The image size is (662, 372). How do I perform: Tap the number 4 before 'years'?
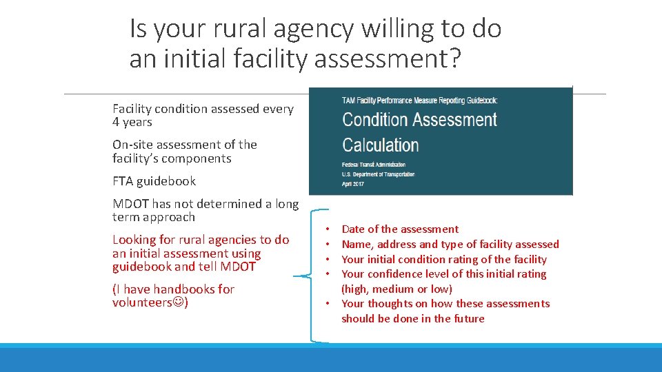pyautogui.click(x=116, y=122)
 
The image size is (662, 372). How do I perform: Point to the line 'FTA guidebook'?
pyautogui.click(x=154, y=181)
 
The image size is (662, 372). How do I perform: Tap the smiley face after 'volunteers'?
pyautogui.click(x=180, y=302)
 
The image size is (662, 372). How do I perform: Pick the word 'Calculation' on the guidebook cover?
pyautogui.click(x=381, y=145)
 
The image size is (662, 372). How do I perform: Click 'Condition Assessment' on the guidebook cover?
pyautogui.click(x=419, y=120)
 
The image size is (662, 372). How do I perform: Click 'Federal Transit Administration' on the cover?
pyautogui.click(x=374, y=165)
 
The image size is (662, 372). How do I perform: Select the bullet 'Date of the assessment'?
pyautogui.click(x=400, y=229)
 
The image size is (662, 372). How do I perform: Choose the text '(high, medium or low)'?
pyautogui.click(x=397, y=289)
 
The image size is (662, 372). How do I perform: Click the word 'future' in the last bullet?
pyautogui.click(x=469, y=318)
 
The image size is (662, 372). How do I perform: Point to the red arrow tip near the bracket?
pyautogui.click(x=294, y=277)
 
